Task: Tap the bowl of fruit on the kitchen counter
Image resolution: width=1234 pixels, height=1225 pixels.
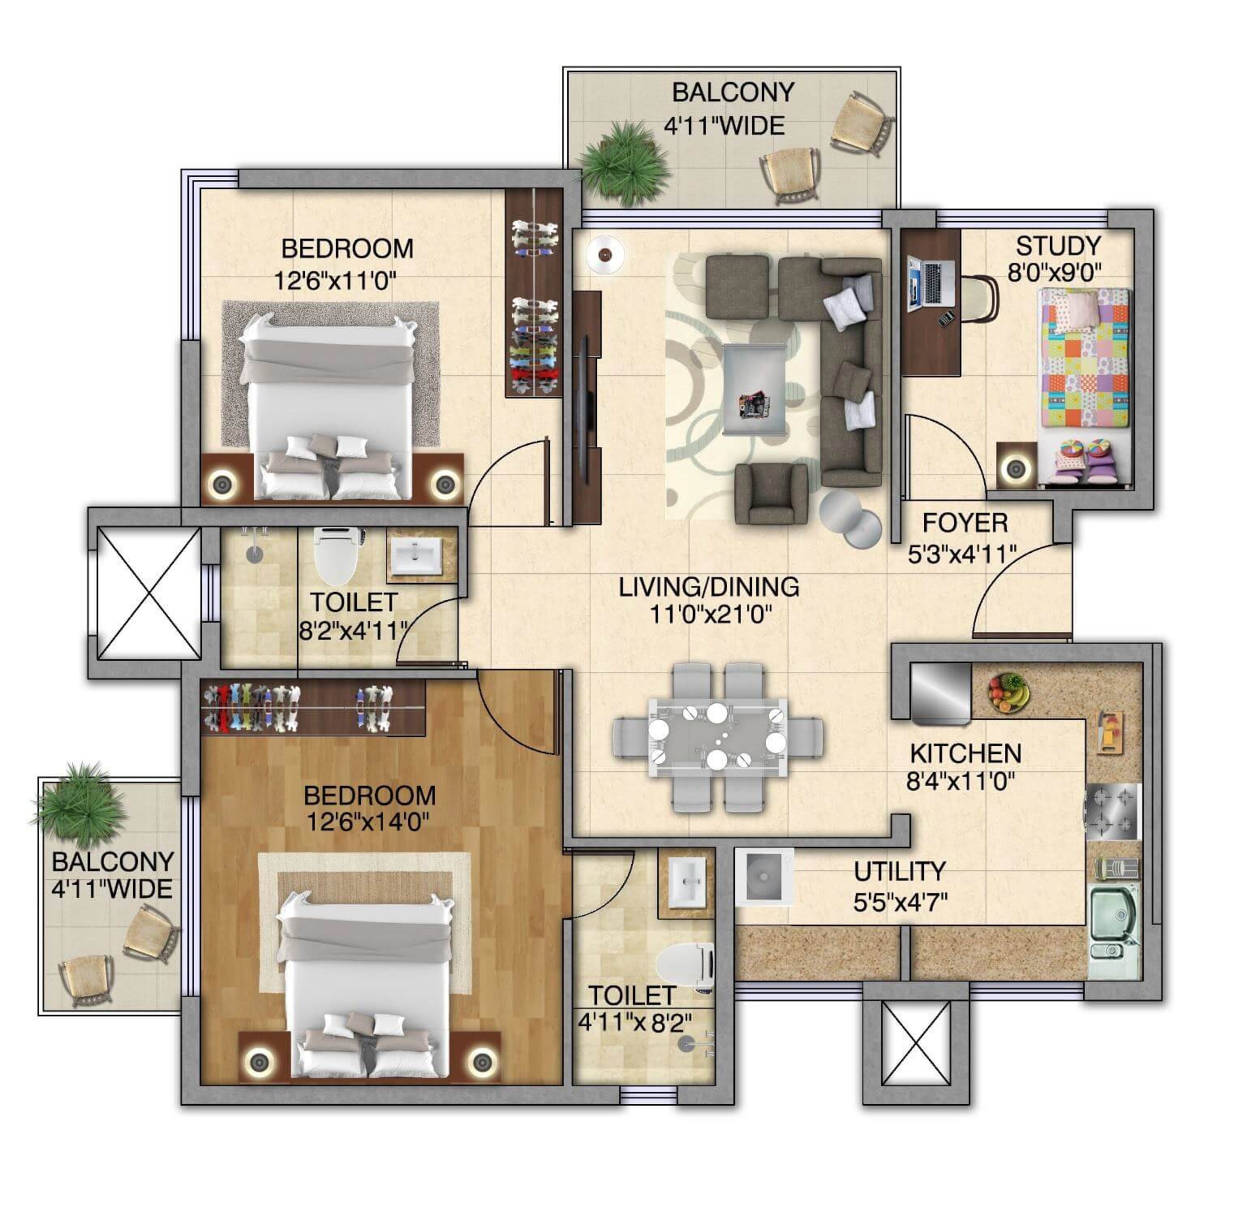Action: (x=1008, y=692)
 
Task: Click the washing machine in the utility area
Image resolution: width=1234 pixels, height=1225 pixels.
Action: (x=764, y=876)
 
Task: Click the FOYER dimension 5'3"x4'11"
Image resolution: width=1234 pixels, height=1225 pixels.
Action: (x=962, y=554)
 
